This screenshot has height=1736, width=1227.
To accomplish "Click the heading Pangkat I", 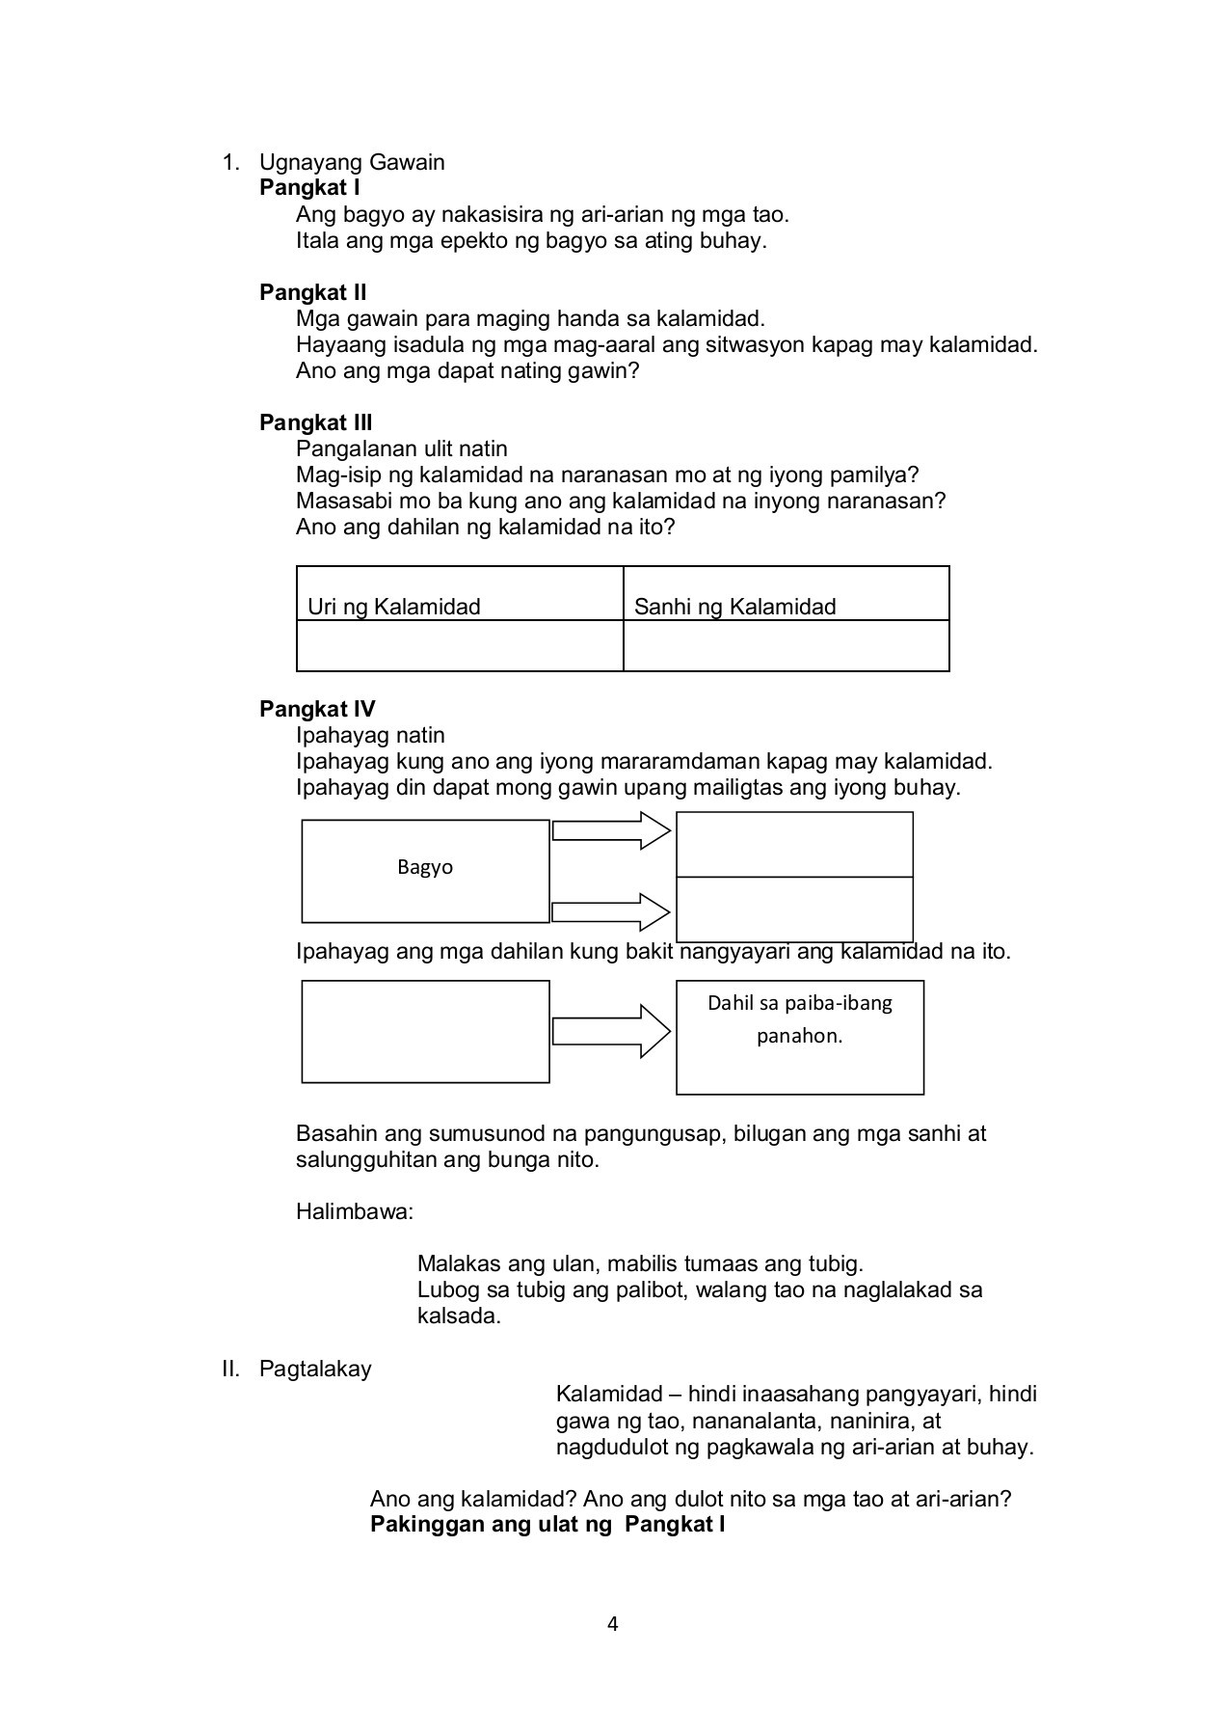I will (x=309, y=188).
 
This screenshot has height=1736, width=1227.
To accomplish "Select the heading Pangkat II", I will (x=312, y=292).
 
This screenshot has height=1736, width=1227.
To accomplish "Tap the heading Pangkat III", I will (x=315, y=422).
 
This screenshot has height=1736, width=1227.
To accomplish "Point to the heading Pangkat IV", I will (x=317, y=710).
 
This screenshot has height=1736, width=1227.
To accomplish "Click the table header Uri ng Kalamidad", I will (x=393, y=607).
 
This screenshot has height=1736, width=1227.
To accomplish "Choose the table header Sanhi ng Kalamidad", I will (x=734, y=607).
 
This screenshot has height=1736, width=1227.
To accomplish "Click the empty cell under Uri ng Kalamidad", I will (x=460, y=645).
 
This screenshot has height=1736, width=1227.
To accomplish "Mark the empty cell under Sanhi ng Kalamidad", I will (x=786, y=645).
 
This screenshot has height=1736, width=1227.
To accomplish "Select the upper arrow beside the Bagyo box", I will (x=611, y=829).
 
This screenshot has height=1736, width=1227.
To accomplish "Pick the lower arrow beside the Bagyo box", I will (x=611, y=911).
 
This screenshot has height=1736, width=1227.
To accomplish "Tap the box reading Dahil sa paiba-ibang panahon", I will (x=799, y=1037).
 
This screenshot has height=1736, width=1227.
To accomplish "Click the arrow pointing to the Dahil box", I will (x=611, y=1031).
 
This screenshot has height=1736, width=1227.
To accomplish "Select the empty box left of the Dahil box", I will (x=425, y=1031).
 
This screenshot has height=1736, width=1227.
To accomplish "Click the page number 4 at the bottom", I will (x=613, y=1624).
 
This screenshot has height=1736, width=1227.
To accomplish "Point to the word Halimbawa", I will (x=354, y=1212).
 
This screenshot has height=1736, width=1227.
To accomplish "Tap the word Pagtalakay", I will (x=315, y=1369).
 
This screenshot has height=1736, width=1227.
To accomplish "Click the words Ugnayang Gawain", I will (x=352, y=162).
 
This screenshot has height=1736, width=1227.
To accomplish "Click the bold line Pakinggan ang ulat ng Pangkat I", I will (x=547, y=1525).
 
